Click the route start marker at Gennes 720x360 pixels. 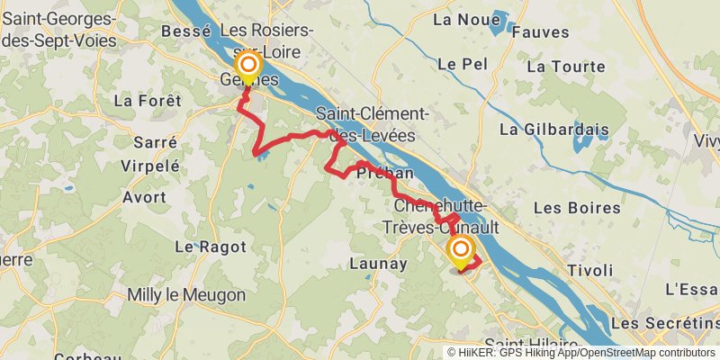(247, 67)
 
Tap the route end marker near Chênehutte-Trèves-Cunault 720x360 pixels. (462, 249)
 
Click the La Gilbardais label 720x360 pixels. (554, 129)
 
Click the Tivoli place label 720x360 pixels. (590, 270)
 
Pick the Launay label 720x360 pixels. (378, 264)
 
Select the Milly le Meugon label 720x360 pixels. (186, 294)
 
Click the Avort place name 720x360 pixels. (145, 197)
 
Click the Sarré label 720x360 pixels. (154, 142)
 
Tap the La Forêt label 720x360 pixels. (148, 100)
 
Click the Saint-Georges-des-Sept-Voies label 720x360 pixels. (59, 29)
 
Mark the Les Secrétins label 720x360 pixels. (665, 322)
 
